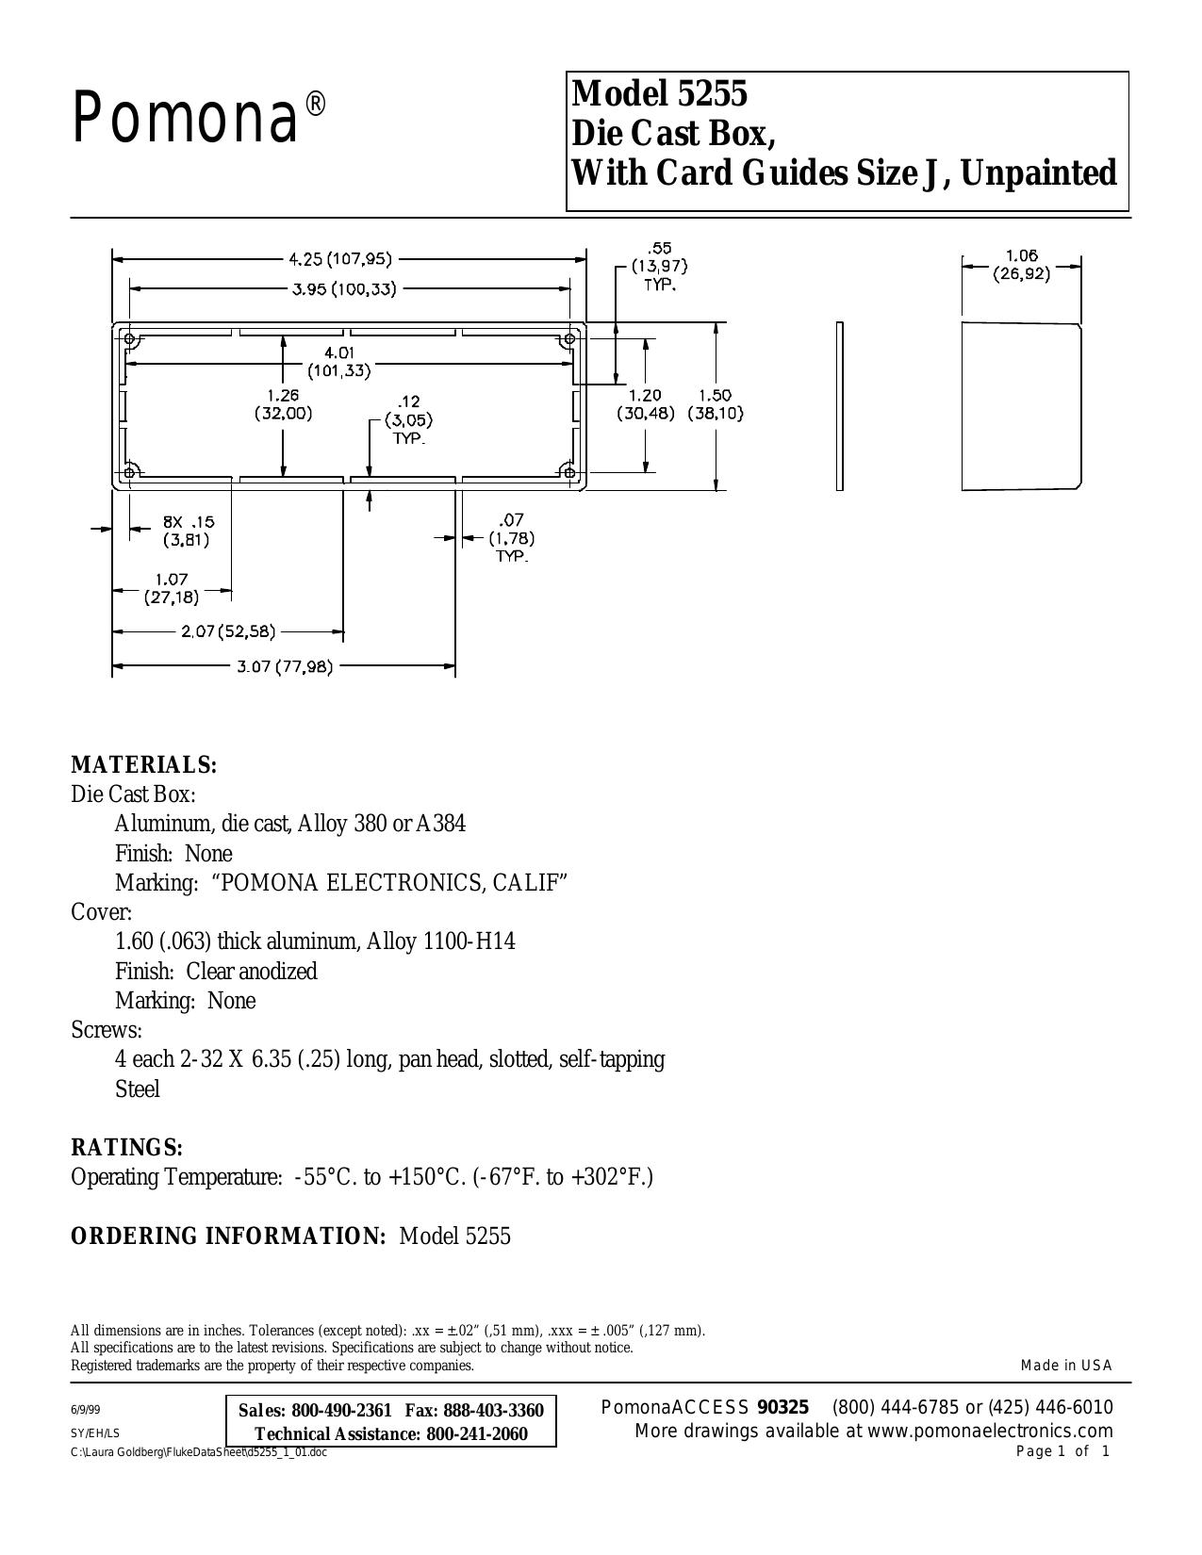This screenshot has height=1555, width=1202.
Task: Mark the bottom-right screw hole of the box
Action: click(x=569, y=471)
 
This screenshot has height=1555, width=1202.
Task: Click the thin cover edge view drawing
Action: click(x=840, y=406)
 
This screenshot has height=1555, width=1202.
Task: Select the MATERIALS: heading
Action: click(x=144, y=764)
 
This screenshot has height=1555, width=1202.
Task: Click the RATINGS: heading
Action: click(x=126, y=1147)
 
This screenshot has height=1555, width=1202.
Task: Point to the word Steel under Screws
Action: click(x=138, y=1088)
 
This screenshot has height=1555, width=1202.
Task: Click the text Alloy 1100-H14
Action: click(x=441, y=941)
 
